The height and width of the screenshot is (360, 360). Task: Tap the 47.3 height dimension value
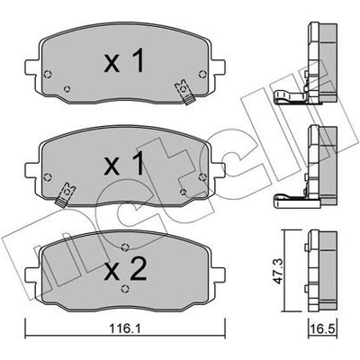278,272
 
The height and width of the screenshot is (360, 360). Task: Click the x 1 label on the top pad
124,61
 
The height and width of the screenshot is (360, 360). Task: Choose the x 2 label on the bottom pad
125,269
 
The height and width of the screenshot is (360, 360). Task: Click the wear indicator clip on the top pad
184,92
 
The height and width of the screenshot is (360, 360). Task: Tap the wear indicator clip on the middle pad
66,194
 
